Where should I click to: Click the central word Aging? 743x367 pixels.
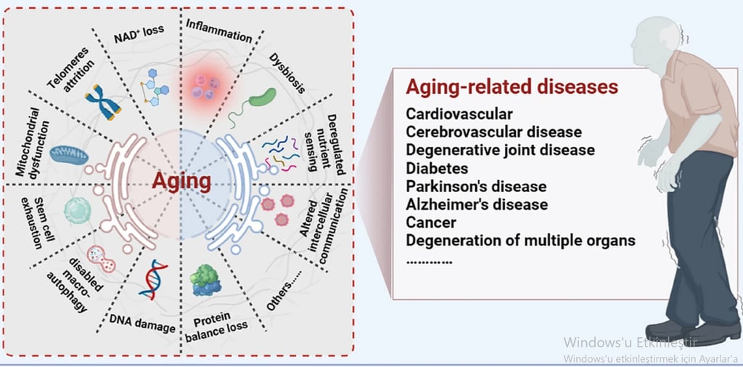pyautogui.click(x=181, y=180)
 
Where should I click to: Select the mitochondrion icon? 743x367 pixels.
pyautogui.click(x=68, y=153)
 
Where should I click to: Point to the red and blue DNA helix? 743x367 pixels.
pyautogui.click(x=153, y=279)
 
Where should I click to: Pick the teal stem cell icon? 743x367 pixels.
pyautogui.click(x=78, y=211)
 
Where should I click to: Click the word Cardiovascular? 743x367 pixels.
pyautogui.click(x=459, y=114)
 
